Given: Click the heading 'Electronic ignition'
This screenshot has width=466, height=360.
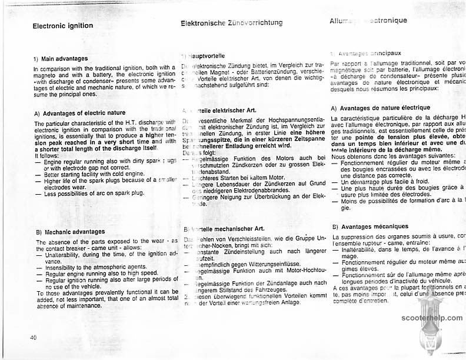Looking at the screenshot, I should [62, 26].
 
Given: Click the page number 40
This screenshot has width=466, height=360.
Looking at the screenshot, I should [32, 337].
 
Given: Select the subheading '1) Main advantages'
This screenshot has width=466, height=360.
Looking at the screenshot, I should [61, 58].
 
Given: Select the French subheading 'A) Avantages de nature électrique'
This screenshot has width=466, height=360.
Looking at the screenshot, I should [381, 108].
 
